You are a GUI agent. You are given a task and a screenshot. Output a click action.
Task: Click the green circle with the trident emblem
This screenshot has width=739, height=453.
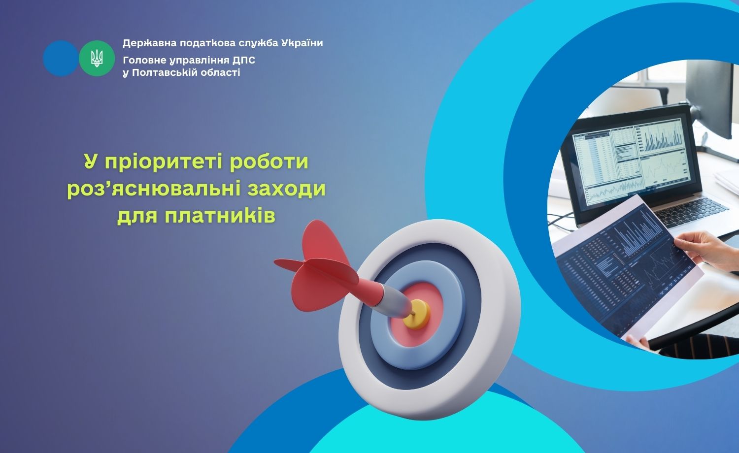tap(97, 59)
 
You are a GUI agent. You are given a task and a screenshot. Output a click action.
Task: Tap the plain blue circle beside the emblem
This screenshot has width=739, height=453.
tap(61, 59)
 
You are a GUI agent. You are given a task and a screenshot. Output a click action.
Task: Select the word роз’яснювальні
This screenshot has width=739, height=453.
tap(154, 189)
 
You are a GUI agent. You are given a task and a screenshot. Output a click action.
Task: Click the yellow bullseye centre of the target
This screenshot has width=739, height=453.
tap(417, 314)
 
